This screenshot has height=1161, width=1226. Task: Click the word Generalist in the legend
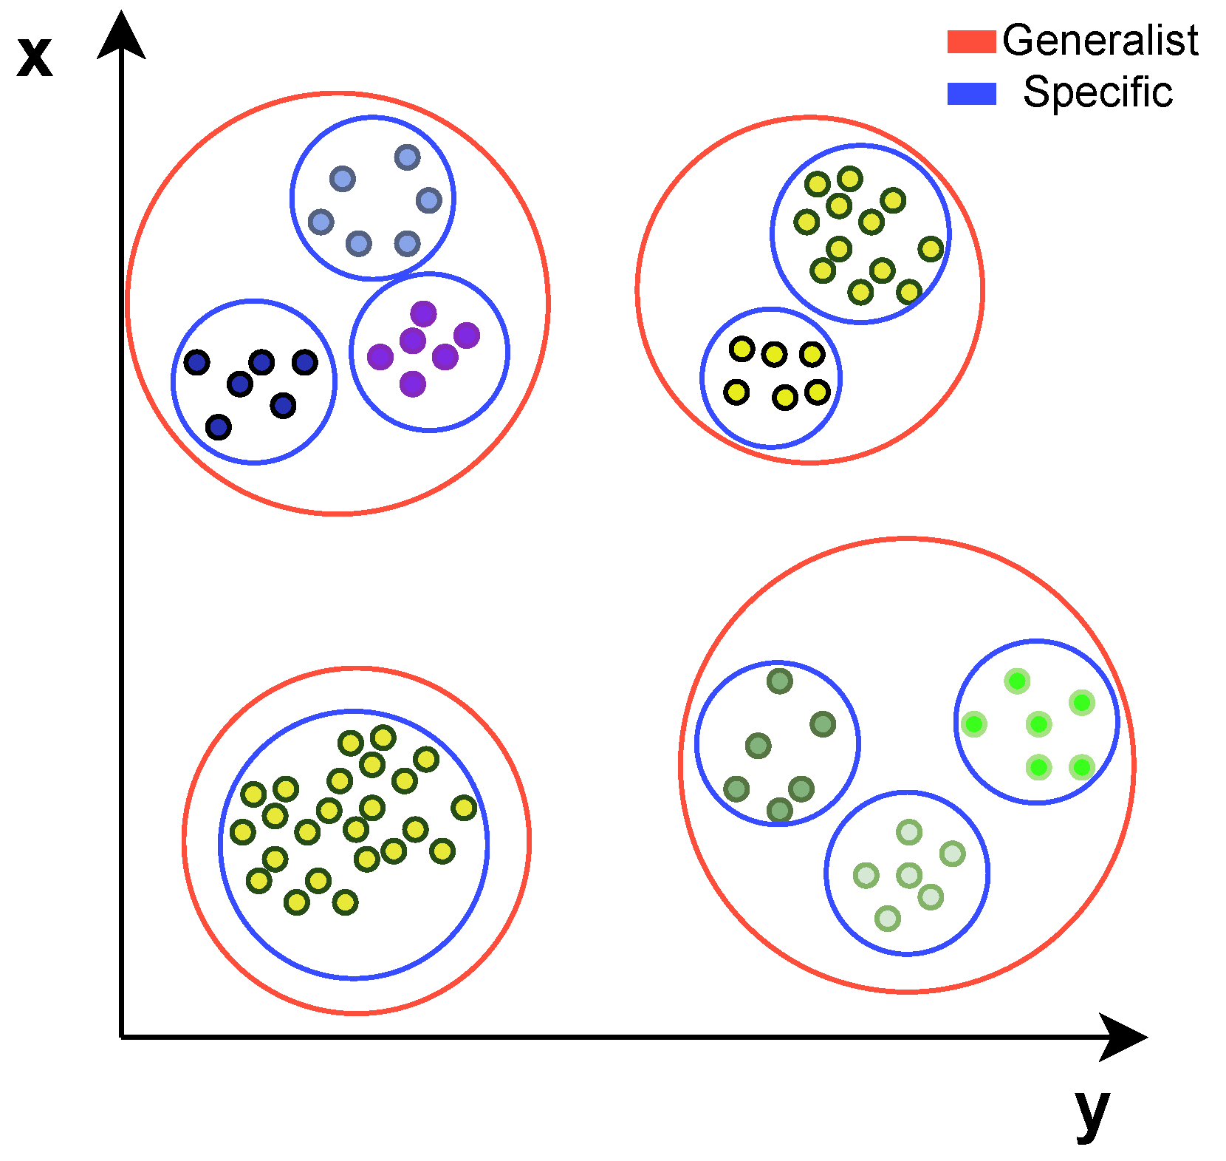tap(1100, 40)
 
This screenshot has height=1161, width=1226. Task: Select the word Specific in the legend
tap(1097, 92)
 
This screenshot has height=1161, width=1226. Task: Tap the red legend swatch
tap(971, 41)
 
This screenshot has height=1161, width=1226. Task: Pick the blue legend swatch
tap(971, 94)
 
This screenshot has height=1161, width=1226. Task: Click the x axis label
tap(35, 57)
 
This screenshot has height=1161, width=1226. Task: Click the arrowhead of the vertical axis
tap(121, 35)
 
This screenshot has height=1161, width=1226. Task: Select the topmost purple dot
tap(423, 314)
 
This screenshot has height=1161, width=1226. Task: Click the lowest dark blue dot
tap(219, 427)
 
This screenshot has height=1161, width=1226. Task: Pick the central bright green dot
tap(1039, 724)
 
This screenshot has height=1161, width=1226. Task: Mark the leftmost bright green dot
tap(974, 724)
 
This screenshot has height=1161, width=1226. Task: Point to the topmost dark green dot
tap(780, 681)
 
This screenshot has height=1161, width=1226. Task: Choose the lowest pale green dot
tap(888, 919)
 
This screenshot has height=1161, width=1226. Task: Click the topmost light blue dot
tap(408, 157)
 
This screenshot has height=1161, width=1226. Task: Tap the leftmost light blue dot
tap(321, 222)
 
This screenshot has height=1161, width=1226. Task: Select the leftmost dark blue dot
tap(197, 362)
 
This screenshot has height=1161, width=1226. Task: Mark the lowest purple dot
tap(413, 384)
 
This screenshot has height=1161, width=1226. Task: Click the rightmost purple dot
tap(467, 336)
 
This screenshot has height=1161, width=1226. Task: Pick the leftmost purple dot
tap(380, 357)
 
